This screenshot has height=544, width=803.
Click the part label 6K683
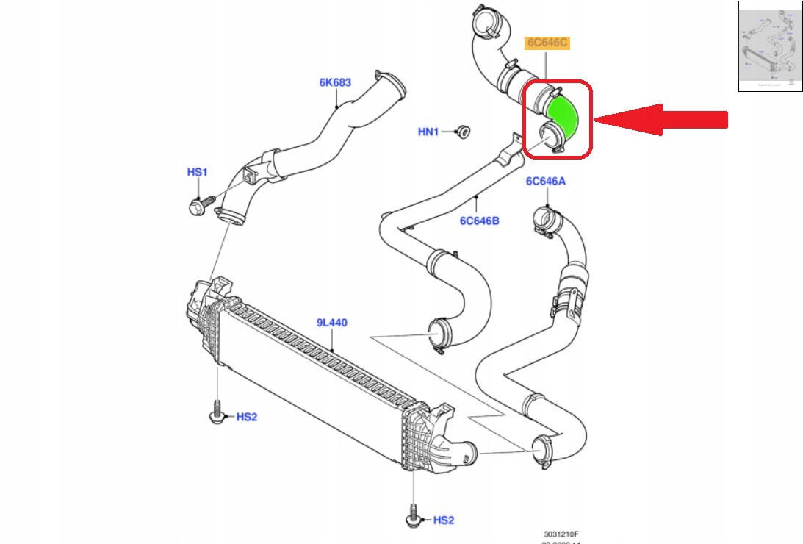point(334,83)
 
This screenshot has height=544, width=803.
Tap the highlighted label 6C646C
point(547,43)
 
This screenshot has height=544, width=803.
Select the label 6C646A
point(545,182)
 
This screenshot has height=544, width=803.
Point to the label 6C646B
point(480,220)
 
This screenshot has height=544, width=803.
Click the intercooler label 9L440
point(332,322)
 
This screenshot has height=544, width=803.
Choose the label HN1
point(428,132)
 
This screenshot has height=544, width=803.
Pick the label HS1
point(197,172)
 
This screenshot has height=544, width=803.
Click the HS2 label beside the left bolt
point(247,417)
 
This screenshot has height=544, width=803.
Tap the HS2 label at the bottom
point(443,520)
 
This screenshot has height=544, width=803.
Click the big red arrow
point(661,118)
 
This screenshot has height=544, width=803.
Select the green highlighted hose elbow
point(563,118)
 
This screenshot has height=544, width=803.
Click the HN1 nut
point(463,132)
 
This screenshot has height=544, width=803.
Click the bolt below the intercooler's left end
point(217,412)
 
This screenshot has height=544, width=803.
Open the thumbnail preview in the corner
point(769,46)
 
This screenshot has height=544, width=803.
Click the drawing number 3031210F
point(562,534)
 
